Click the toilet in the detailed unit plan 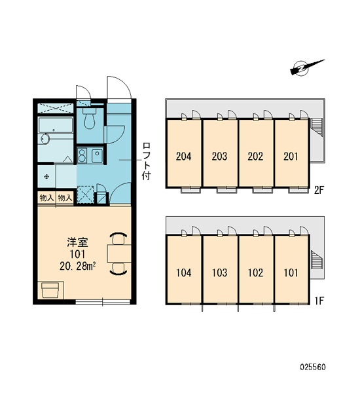(90, 118)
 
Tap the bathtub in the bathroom (56, 125)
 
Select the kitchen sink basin (97, 156)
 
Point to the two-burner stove (82, 155)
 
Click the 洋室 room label (77, 242)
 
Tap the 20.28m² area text (77, 266)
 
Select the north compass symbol (307, 67)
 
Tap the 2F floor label (319, 191)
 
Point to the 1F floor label (319, 301)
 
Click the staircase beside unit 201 (317, 127)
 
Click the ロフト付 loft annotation (147, 161)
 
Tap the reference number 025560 (313, 367)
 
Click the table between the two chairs (119, 253)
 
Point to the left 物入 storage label (46, 198)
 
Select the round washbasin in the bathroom (45, 139)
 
